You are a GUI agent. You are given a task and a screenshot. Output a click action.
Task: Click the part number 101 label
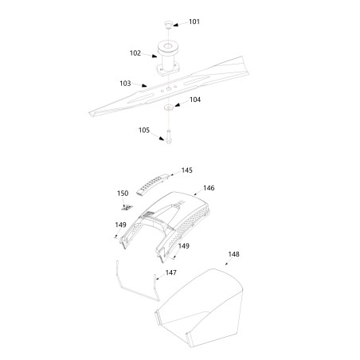194,22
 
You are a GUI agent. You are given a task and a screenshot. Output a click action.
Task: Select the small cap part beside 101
167,24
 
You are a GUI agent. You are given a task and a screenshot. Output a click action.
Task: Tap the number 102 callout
135,53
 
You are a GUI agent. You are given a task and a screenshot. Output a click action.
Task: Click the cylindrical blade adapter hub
168,58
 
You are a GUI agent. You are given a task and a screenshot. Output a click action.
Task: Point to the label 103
125,84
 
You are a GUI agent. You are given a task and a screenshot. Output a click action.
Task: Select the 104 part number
195,100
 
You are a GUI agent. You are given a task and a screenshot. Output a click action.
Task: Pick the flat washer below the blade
169,108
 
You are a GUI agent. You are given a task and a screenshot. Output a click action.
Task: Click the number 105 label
144,130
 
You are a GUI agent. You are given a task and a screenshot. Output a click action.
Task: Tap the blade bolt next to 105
168,136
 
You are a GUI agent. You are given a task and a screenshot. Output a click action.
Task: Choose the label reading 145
187,170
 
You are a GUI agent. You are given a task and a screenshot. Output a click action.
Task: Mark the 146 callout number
209,188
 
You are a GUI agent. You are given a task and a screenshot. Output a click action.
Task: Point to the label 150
123,194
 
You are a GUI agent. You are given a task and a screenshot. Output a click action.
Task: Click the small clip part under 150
127,207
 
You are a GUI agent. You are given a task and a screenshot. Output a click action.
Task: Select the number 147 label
171,272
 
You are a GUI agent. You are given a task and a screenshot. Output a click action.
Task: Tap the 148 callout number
233,254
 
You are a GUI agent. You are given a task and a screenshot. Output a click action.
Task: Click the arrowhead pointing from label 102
155,56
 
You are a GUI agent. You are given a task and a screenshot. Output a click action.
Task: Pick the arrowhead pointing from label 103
144,85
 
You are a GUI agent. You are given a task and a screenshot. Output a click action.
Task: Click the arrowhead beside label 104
178,104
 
